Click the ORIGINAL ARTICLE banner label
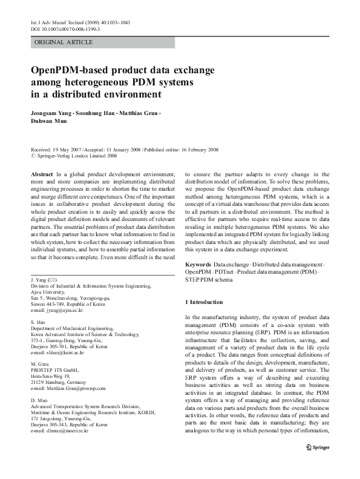pos(64,42)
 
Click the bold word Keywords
pos(198,265)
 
